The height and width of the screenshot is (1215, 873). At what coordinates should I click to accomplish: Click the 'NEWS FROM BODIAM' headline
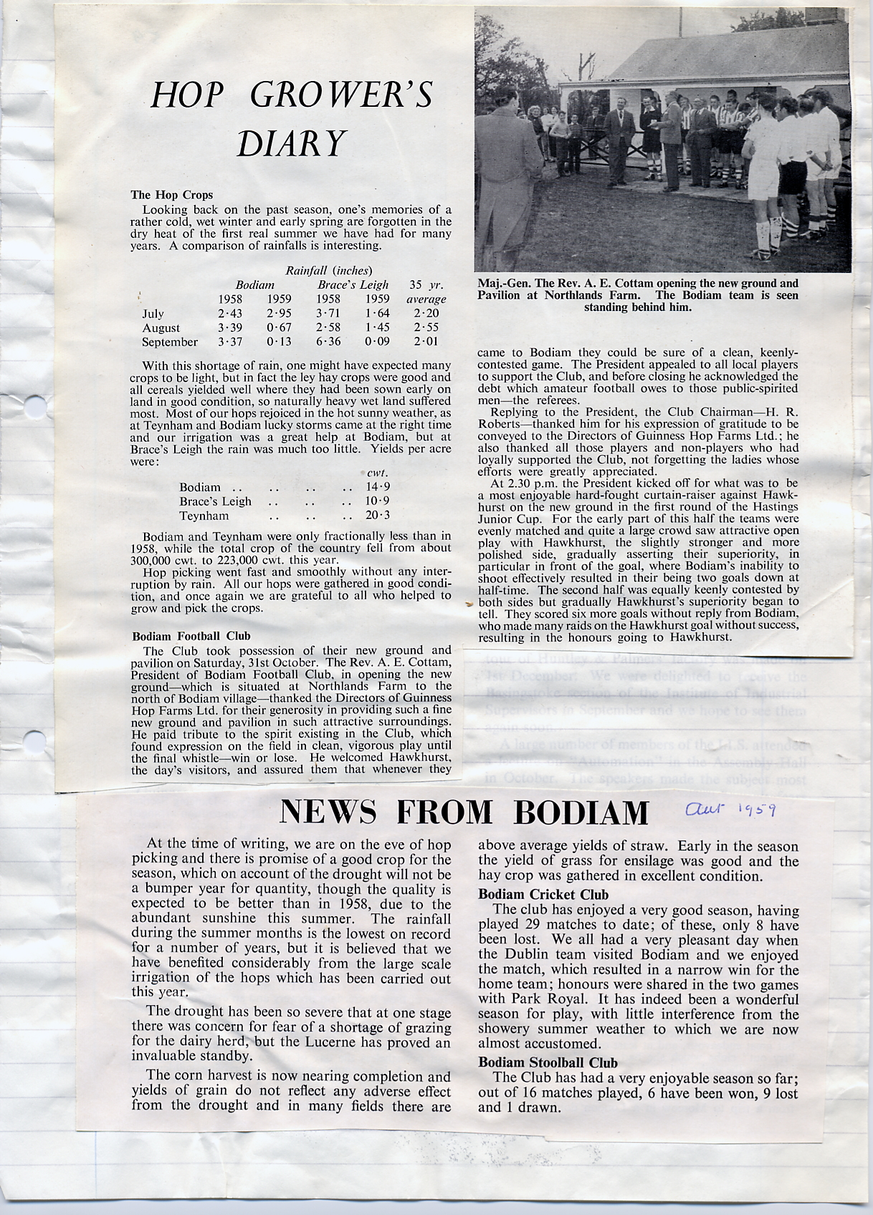(x=464, y=811)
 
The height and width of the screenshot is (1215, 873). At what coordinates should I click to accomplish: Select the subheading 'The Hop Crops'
(x=171, y=194)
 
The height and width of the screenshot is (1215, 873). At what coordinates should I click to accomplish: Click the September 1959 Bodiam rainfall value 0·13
(x=279, y=342)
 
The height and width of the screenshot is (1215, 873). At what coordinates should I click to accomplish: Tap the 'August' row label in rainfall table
(x=161, y=328)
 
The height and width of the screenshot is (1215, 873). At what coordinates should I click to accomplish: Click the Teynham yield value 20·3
(x=377, y=515)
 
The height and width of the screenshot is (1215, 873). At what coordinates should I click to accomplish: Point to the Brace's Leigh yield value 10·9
(x=377, y=501)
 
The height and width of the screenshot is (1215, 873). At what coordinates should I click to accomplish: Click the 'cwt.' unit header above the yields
(x=377, y=473)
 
